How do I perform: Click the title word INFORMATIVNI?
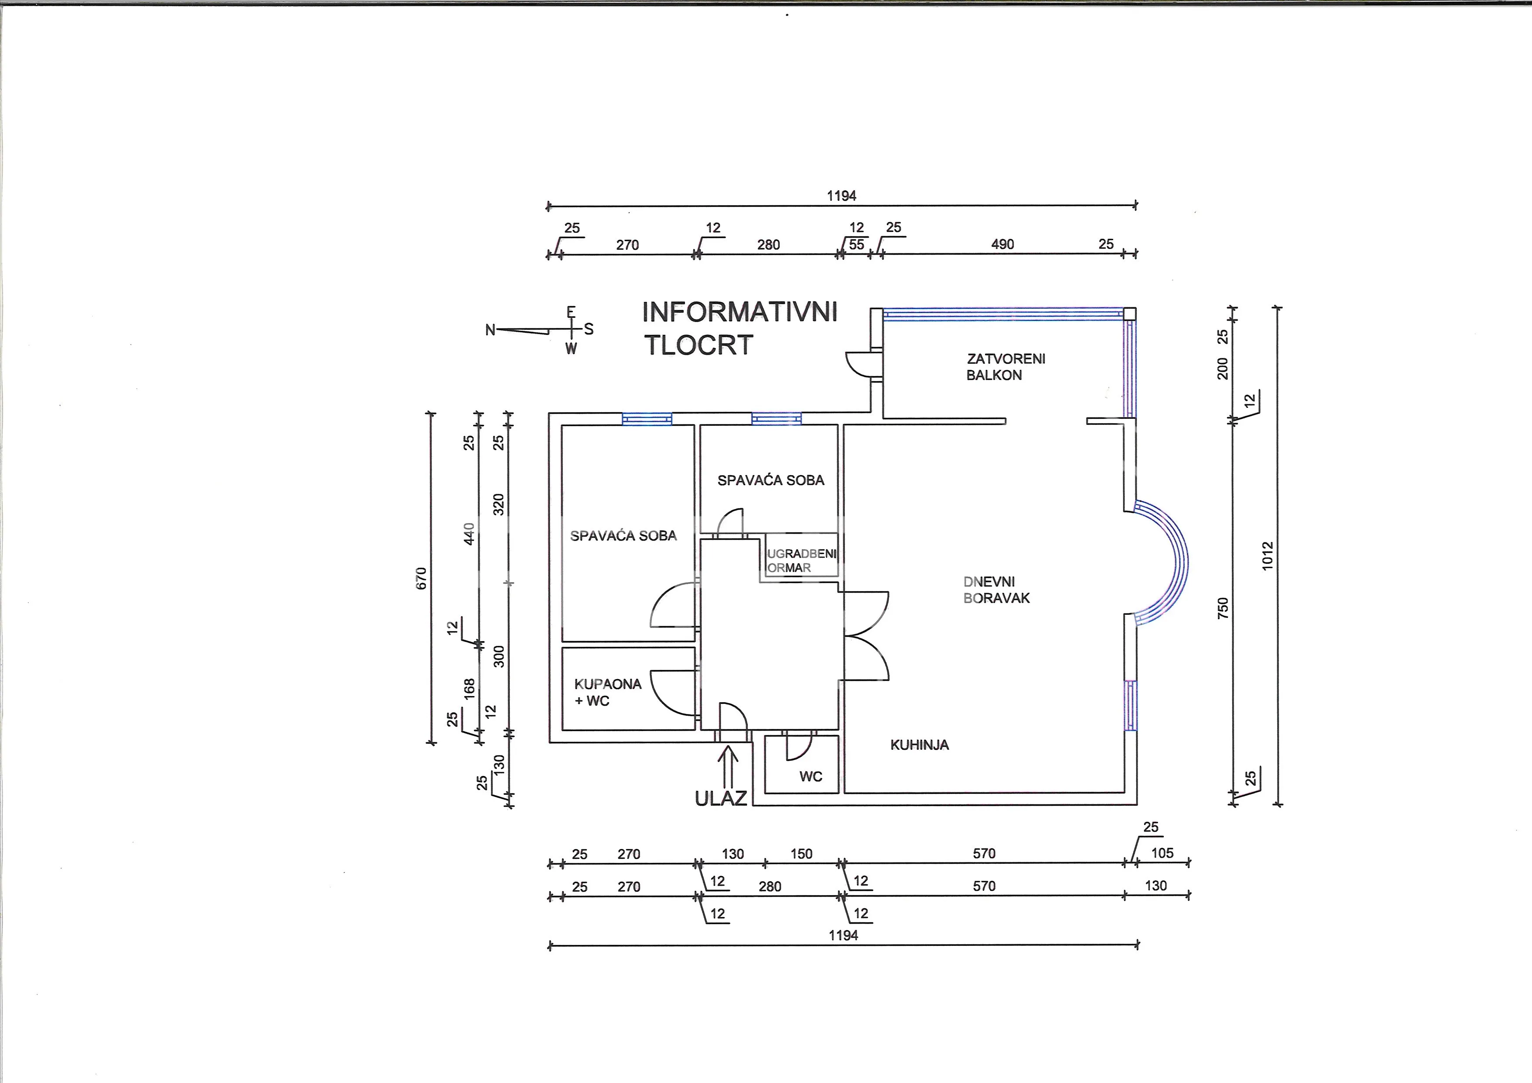click(x=739, y=312)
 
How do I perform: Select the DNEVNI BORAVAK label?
click(x=996, y=590)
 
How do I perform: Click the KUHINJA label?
click(x=920, y=745)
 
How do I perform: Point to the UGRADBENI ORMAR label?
click(x=801, y=561)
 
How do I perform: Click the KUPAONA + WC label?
click(x=607, y=692)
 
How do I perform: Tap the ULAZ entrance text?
click(x=721, y=798)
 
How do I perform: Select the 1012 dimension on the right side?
click(x=1268, y=555)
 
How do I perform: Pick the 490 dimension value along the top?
click(x=1002, y=244)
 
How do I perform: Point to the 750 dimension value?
click(x=1222, y=608)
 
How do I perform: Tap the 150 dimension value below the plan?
click(x=801, y=854)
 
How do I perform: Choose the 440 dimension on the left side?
click(x=469, y=534)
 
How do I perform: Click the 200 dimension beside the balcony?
click(x=1222, y=369)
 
